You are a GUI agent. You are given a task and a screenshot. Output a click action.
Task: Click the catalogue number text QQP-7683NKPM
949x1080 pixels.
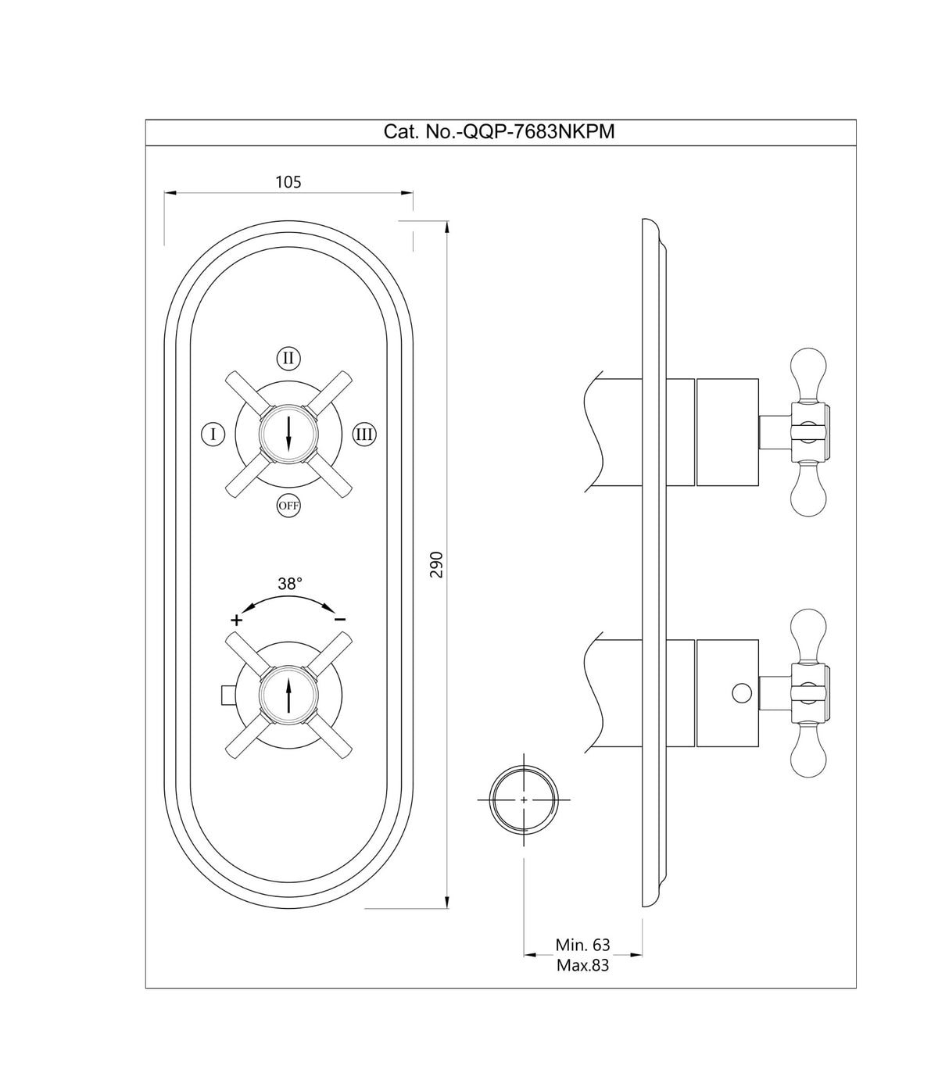pyautogui.click(x=499, y=132)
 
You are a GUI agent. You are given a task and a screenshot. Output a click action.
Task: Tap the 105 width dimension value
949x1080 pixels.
pyautogui.click(x=288, y=182)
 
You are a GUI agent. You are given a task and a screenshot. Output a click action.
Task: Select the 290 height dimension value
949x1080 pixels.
pyautogui.click(x=437, y=564)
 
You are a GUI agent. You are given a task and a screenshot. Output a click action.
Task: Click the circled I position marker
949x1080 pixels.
pyautogui.click(x=213, y=433)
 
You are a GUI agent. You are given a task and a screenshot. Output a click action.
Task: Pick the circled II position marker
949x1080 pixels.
pyautogui.click(x=288, y=359)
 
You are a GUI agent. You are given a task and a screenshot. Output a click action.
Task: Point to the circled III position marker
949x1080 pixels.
pyautogui.click(x=363, y=433)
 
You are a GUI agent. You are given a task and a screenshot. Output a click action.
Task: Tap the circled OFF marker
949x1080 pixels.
pyautogui.click(x=288, y=506)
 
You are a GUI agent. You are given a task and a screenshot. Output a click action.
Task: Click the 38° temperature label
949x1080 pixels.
pyautogui.click(x=289, y=583)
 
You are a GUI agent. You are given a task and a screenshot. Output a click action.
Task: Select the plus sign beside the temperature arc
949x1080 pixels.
pyautogui.click(x=236, y=620)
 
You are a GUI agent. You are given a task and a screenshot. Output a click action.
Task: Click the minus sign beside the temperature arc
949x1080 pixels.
pyautogui.click(x=340, y=620)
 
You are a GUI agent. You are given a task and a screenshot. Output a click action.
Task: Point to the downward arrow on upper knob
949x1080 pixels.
pyautogui.click(x=288, y=434)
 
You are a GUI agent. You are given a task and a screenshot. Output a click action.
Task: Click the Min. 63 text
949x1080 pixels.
pyautogui.click(x=582, y=945)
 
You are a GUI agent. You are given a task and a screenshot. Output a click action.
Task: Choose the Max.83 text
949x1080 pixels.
pyautogui.click(x=582, y=965)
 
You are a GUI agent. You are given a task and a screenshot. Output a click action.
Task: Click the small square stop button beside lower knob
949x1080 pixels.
pyautogui.click(x=227, y=693)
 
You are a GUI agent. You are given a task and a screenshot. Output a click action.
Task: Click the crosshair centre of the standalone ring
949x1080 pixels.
pyautogui.click(x=524, y=800)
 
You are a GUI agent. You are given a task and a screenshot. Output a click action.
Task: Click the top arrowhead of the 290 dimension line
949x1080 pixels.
pyautogui.click(x=446, y=227)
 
